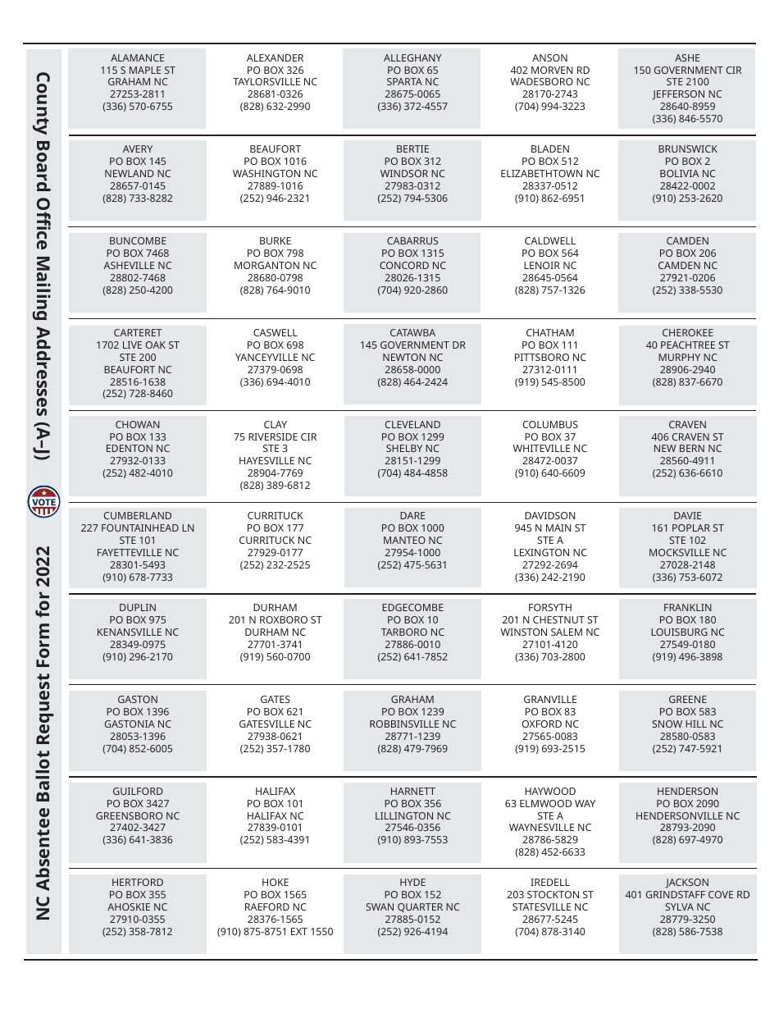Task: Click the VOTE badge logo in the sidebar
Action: point(43,501)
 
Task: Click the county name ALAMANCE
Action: point(138,58)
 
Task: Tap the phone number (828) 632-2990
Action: point(275,107)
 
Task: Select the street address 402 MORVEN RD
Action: point(549,71)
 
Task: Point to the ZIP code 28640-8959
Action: point(687,107)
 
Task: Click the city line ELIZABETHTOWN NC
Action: point(549,174)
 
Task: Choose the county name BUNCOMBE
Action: point(138,241)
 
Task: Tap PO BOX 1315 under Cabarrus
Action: point(412,253)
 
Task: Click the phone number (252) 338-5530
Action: point(687,290)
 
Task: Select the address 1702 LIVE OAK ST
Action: point(138,345)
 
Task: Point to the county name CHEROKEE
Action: point(687,333)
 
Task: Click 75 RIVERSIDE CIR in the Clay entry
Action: point(275,437)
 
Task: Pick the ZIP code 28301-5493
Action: point(138,565)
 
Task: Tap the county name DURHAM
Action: point(275,608)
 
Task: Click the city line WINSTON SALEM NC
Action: point(549,632)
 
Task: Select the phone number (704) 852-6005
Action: point(138,749)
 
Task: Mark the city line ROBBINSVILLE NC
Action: point(412,724)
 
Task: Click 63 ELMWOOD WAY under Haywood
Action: point(549,804)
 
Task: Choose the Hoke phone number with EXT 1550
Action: point(275,932)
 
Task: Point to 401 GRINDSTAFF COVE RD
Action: point(687,895)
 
